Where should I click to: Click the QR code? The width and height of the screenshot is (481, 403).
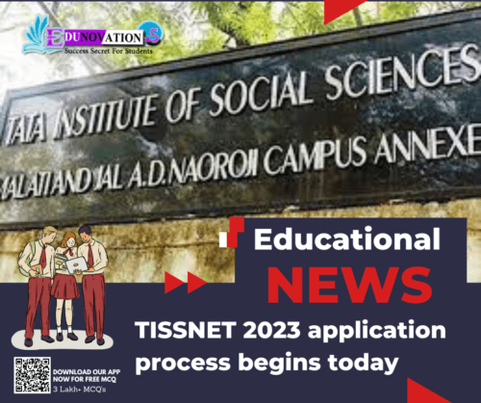pyautogui.click(x=32, y=375)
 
